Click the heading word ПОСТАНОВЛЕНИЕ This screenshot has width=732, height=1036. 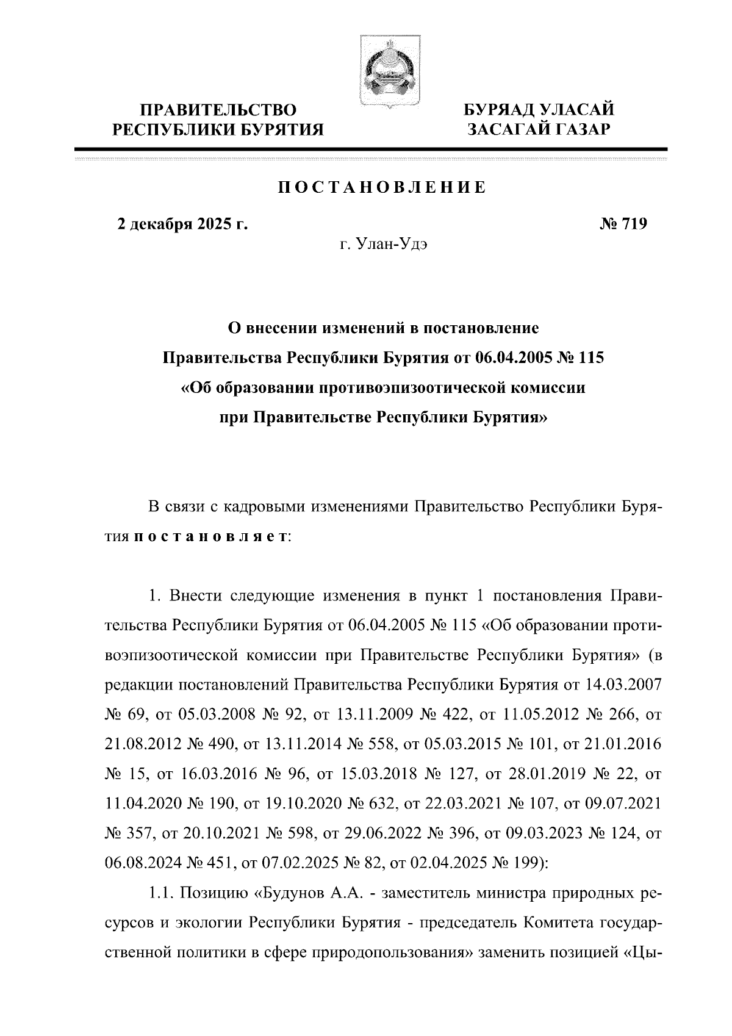pos(382,187)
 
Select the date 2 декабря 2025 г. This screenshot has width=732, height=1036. pos(182,225)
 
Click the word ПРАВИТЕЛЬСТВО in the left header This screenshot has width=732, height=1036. pos(218,110)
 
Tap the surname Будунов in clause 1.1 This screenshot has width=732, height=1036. pos(289,893)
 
